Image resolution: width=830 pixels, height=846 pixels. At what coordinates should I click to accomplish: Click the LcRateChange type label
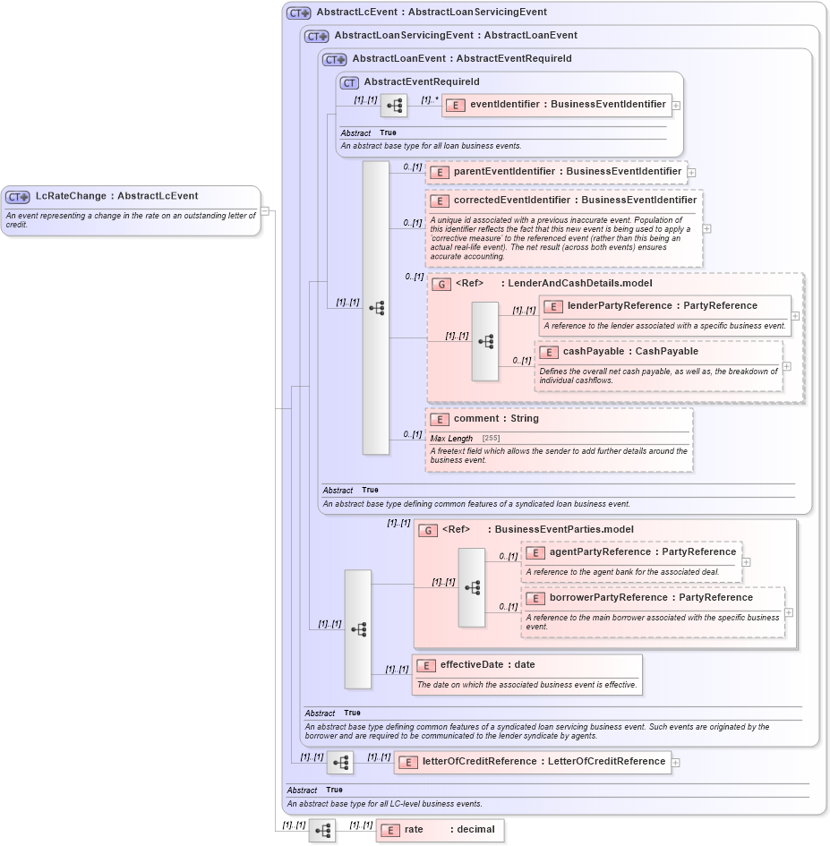pyautogui.click(x=116, y=196)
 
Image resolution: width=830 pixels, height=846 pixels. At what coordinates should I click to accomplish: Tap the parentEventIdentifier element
pyautogui.click(x=556, y=172)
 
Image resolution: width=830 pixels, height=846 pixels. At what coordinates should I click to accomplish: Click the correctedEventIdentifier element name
pyautogui.click(x=575, y=201)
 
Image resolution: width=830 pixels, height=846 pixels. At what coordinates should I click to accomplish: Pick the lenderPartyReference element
pyautogui.click(x=662, y=306)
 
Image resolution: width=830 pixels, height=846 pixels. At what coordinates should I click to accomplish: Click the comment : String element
pyautogui.click(x=496, y=419)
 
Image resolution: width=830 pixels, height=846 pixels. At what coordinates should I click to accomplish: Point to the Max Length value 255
pyautogui.click(x=491, y=439)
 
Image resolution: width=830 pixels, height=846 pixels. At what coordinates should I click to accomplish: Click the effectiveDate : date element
pyautogui.click(x=487, y=665)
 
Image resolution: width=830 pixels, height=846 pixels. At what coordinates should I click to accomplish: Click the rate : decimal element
pyautogui.click(x=440, y=830)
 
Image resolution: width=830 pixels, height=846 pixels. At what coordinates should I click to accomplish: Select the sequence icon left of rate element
pyautogui.click(x=322, y=830)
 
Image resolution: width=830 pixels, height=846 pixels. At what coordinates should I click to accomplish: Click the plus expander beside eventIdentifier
pyautogui.click(x=676, y=105)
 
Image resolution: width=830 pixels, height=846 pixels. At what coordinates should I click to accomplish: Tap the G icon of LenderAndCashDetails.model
pyautogui.click(x=441, y=284)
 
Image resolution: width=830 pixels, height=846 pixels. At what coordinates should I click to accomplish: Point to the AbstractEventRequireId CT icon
pyautogui.click(x=349, y=82)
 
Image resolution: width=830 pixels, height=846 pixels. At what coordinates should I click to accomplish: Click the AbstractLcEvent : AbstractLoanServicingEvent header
pyautogui.click(x=432, y=13)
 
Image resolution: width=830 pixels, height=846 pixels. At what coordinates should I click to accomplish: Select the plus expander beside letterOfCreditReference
pyautogui.click(x=676, y=763)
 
